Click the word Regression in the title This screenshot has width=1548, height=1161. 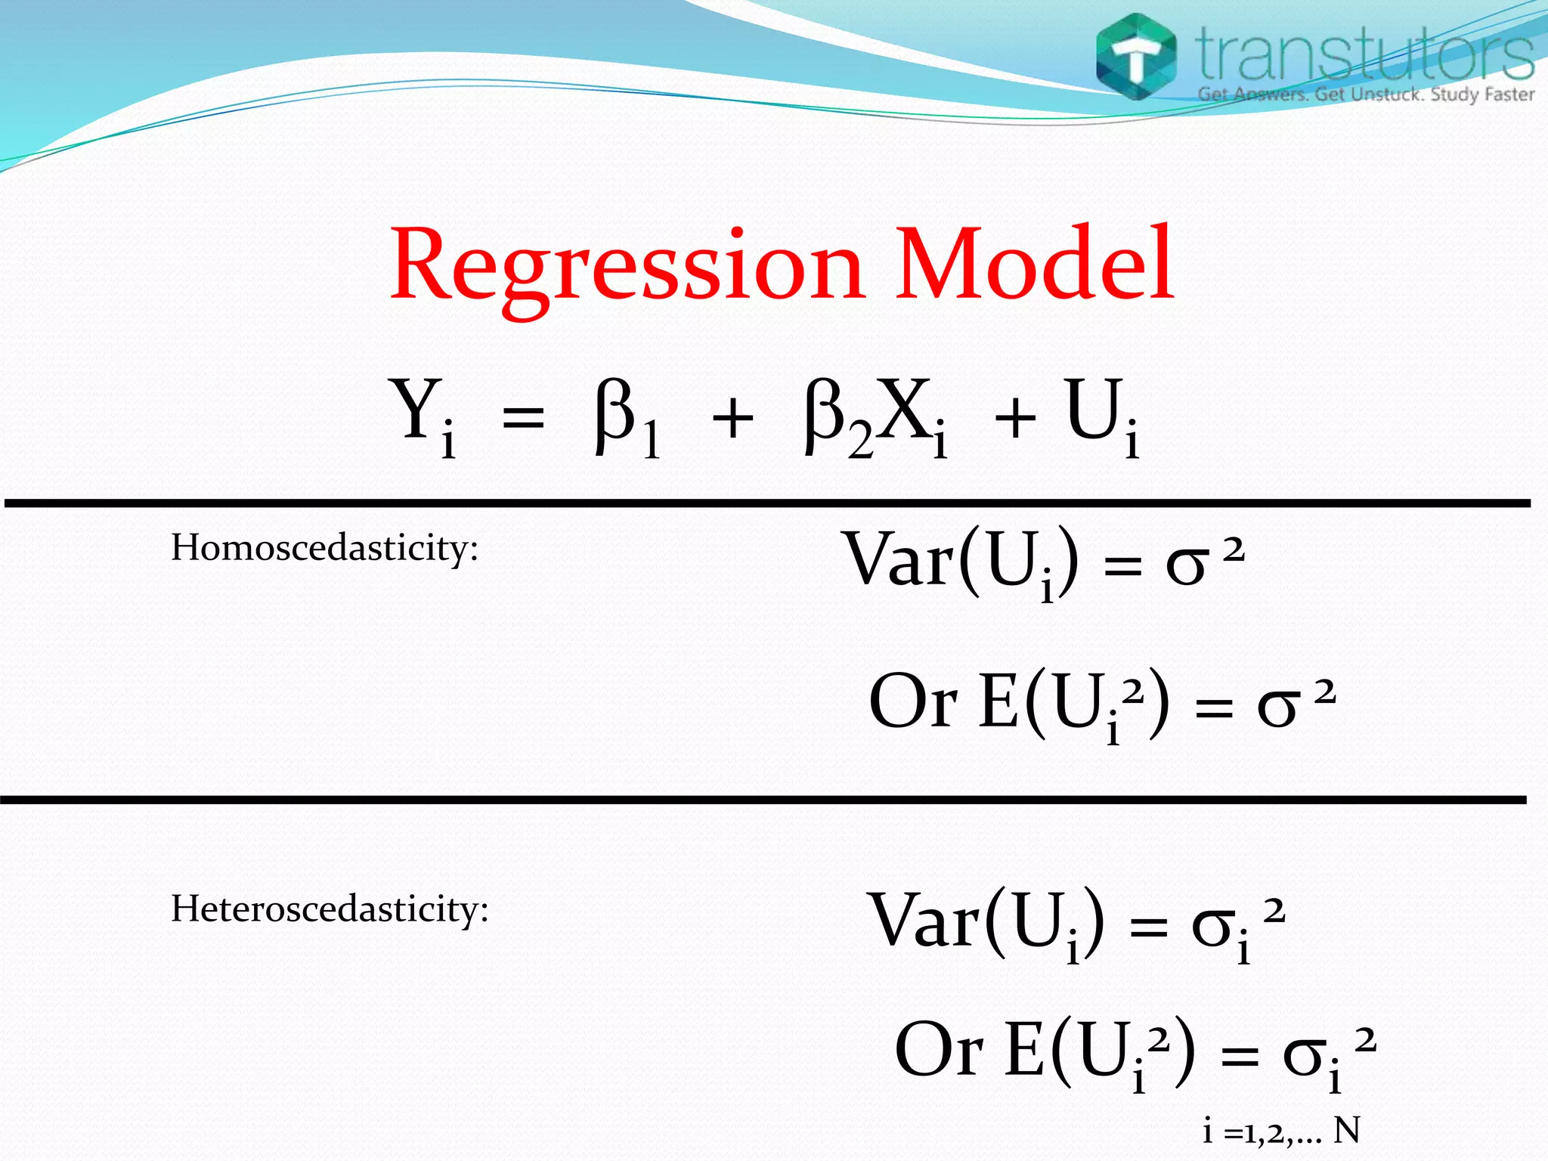626,266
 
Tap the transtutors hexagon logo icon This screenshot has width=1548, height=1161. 1136,57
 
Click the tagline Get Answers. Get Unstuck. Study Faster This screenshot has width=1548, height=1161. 1366,94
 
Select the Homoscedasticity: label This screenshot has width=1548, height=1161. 324,548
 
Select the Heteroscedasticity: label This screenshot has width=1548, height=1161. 330,909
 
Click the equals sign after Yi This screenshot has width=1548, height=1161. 523,418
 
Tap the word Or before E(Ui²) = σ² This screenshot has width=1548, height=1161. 912,701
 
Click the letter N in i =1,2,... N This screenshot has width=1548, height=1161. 1346,1131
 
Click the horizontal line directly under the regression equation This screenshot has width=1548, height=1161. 766,503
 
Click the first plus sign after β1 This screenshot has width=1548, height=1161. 732,420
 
